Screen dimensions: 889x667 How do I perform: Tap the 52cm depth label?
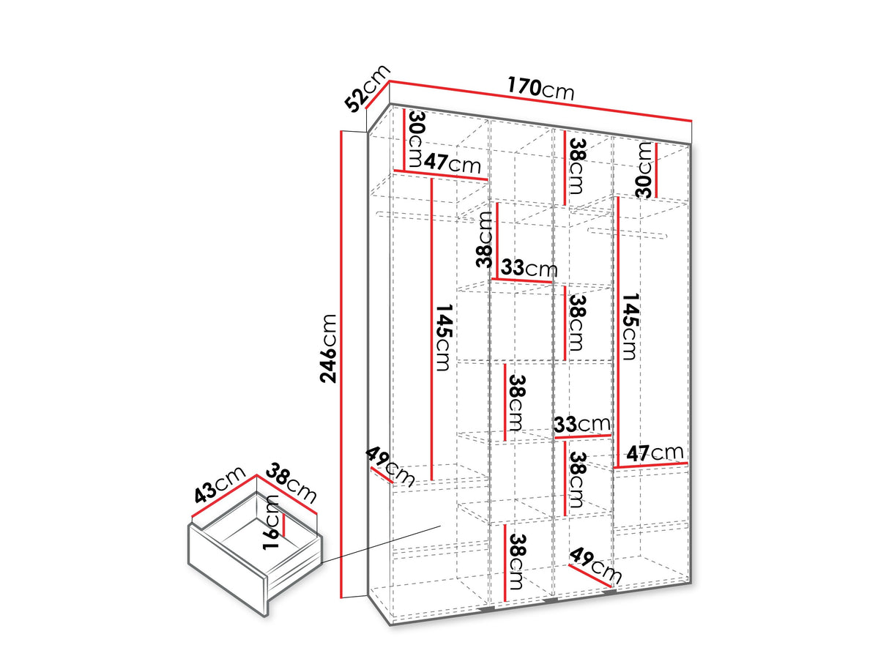(367, 88)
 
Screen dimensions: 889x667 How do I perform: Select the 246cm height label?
(328, 349)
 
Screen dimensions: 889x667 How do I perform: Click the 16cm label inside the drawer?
(271, 522)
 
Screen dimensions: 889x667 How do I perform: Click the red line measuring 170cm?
(540, 101)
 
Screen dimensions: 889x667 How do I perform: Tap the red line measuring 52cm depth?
(377, 94)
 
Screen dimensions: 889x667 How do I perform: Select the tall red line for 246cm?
(342, 364)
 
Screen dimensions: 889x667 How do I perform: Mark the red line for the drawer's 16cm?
(284, 525)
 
